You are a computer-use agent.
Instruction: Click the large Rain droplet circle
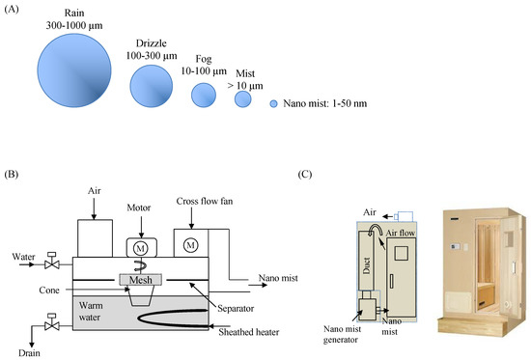[74, 70]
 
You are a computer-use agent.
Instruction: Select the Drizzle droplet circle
[152, 86]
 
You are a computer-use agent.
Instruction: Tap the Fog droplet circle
[204, 96]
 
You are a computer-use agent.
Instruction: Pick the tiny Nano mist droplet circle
[273, 103]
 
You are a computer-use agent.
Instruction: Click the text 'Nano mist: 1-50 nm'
[325, 103]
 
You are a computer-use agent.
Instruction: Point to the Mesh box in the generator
[141, 280]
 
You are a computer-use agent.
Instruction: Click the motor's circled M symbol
[141, 249]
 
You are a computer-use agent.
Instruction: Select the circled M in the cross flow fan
[190, 245]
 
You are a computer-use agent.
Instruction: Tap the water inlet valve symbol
[52, 261]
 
